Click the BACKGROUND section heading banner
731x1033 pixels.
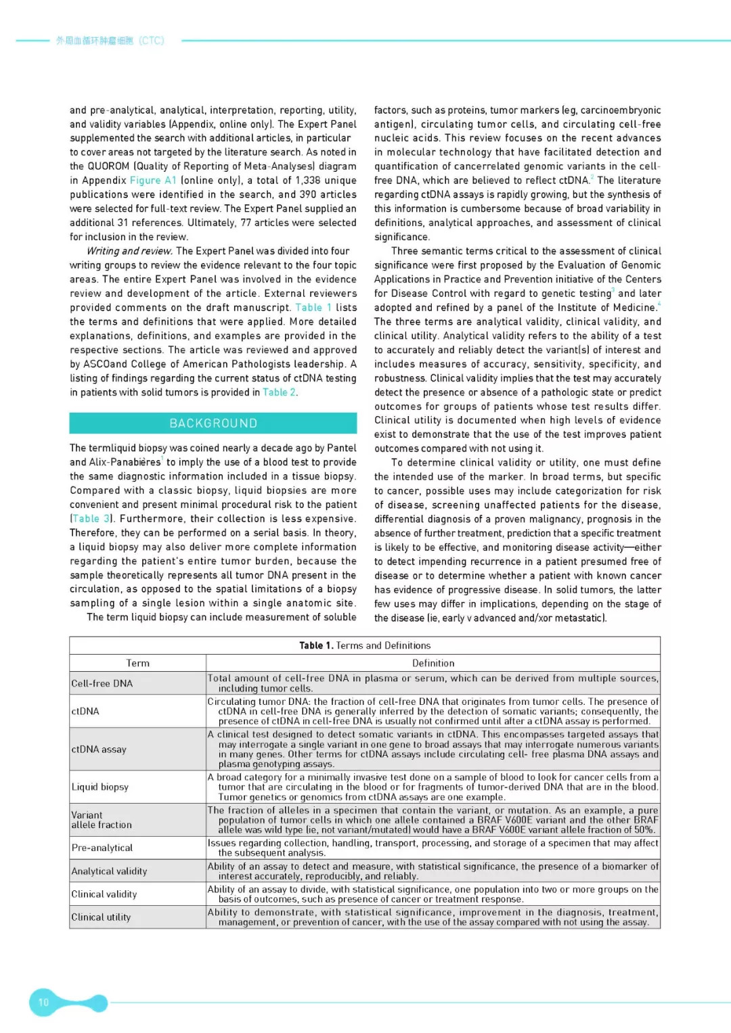(213, 423)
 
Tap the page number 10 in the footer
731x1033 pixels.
(43, 1003)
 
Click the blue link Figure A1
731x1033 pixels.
(153, 181)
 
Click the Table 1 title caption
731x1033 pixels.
(365, 645)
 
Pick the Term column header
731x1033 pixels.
(137, 664)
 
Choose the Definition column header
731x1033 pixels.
(433, 664)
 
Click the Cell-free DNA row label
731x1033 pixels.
(102, 684)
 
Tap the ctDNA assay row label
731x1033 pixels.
(99, 750)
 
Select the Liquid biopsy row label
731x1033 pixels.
(100, 787)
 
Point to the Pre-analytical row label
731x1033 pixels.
(102, 848)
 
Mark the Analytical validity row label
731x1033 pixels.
(109, 871)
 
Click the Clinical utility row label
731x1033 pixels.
(102, 917)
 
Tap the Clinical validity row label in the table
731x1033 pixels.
(104, 894)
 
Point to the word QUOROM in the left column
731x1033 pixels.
(108, 166)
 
